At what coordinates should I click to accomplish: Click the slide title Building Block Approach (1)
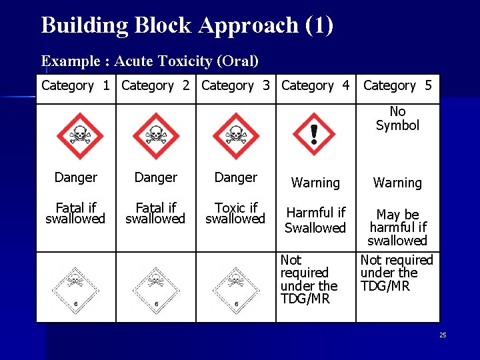coord(187,25)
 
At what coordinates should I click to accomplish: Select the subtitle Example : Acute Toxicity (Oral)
coord(150,61)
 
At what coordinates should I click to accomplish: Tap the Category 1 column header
coord(75,86)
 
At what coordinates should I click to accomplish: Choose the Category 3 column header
coord(235,86)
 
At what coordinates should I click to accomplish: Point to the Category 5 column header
coord(397,86)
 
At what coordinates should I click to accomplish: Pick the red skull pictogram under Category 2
coord(156,135)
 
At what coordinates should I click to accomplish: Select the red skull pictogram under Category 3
coord(235,135)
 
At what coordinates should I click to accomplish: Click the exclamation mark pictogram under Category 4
coord(314,134)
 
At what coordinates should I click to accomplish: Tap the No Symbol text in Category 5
coord(397,119)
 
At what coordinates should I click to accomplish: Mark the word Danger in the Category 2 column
coord(156,178)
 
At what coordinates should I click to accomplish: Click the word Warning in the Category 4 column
coord(315,183)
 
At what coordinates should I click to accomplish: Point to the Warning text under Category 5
coord(397,183)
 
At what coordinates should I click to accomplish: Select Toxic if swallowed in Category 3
coord(235,213)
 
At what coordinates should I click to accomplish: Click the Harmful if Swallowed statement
coord(315,221)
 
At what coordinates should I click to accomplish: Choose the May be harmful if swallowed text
coord(397,227)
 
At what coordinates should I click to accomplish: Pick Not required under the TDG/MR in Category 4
coord(309,279)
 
